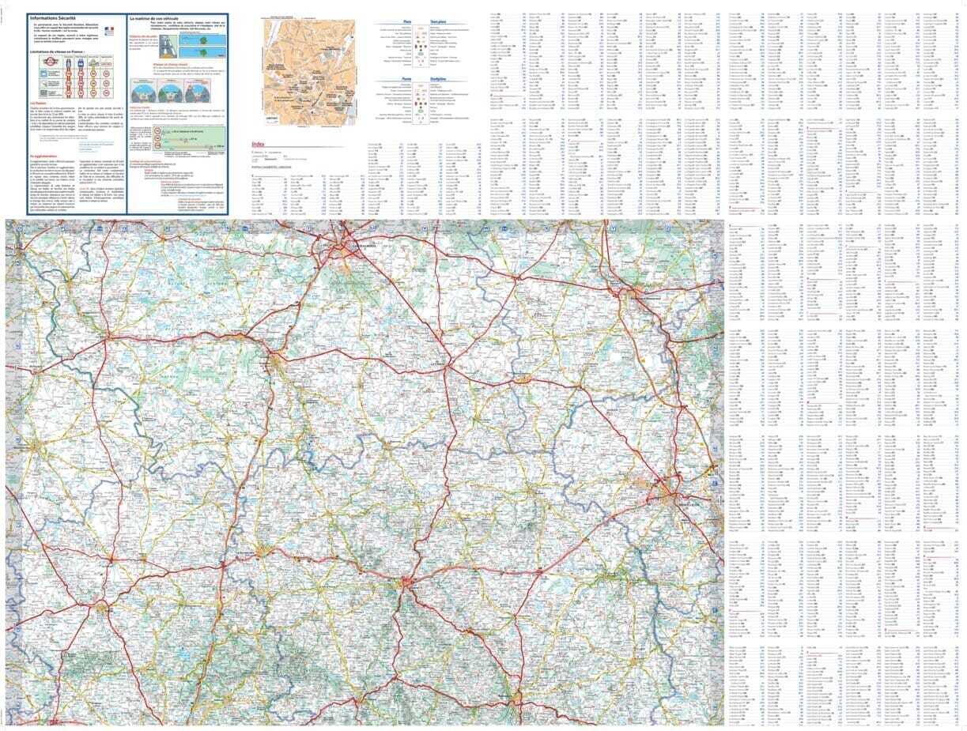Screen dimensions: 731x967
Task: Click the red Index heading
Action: (x=258, y=145)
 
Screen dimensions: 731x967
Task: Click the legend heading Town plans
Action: (x=438, y=22)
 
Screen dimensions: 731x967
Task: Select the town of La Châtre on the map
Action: (x=440, y=364)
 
